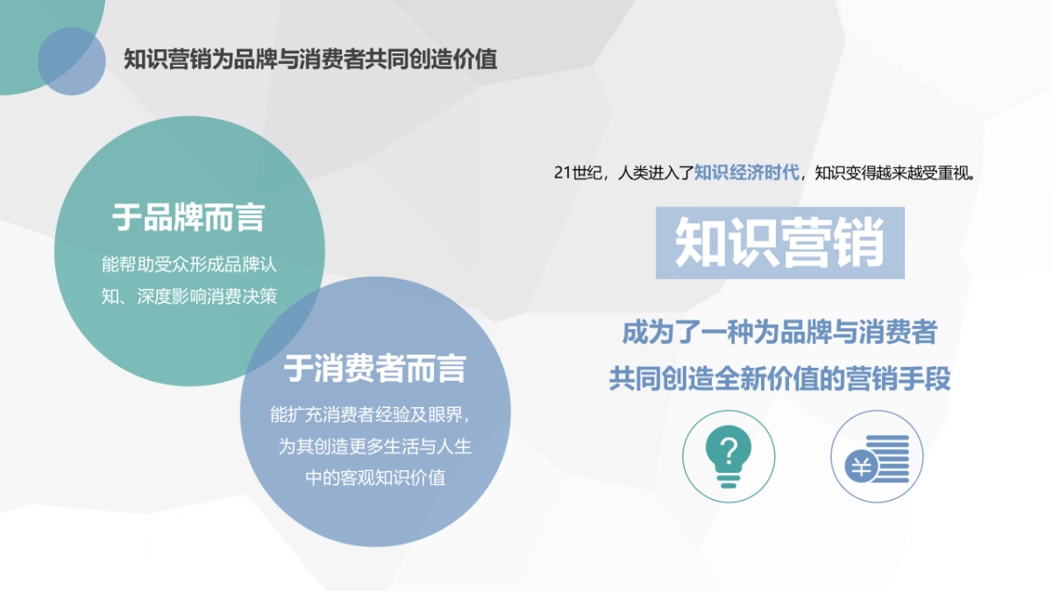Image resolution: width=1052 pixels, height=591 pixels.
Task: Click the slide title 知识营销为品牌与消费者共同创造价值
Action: coord(310,60)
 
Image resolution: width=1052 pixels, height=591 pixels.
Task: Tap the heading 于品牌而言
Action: coord(188,218)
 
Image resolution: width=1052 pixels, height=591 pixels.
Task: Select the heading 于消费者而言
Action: coord(374,369)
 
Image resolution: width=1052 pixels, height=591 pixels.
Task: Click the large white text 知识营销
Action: coord(779,243)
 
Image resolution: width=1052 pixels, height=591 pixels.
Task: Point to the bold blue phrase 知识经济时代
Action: coord(747,172)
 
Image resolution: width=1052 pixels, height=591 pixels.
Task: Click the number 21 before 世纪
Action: coord(563,172)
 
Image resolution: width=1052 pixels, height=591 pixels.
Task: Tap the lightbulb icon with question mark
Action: coord(729,457)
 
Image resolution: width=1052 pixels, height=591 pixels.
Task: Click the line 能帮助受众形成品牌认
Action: coord(189,264)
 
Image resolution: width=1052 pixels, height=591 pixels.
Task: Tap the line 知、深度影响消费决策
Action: coord(189,296)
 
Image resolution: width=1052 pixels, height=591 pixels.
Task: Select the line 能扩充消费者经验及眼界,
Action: coord(375,414)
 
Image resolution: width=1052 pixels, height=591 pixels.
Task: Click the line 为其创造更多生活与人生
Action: coord(375,447)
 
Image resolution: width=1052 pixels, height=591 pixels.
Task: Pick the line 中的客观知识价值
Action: coord(375,478)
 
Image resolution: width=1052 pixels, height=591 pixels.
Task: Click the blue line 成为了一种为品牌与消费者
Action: coord(779,333)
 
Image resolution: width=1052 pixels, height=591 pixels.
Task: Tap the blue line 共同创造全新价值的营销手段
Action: coord(779,379)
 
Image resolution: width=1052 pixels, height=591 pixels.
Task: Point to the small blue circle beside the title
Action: coord(72,60)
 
